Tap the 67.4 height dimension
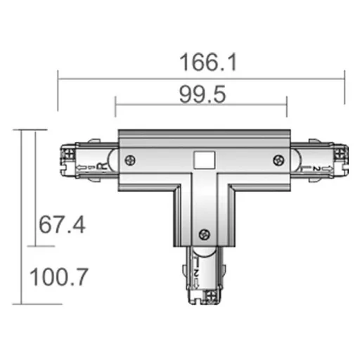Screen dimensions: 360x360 point(62,226)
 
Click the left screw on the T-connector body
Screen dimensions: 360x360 point(129,160)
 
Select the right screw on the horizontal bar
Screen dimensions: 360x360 point(276,160)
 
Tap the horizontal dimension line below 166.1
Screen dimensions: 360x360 point(201,78)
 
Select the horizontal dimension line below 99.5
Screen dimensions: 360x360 point(201,107)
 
